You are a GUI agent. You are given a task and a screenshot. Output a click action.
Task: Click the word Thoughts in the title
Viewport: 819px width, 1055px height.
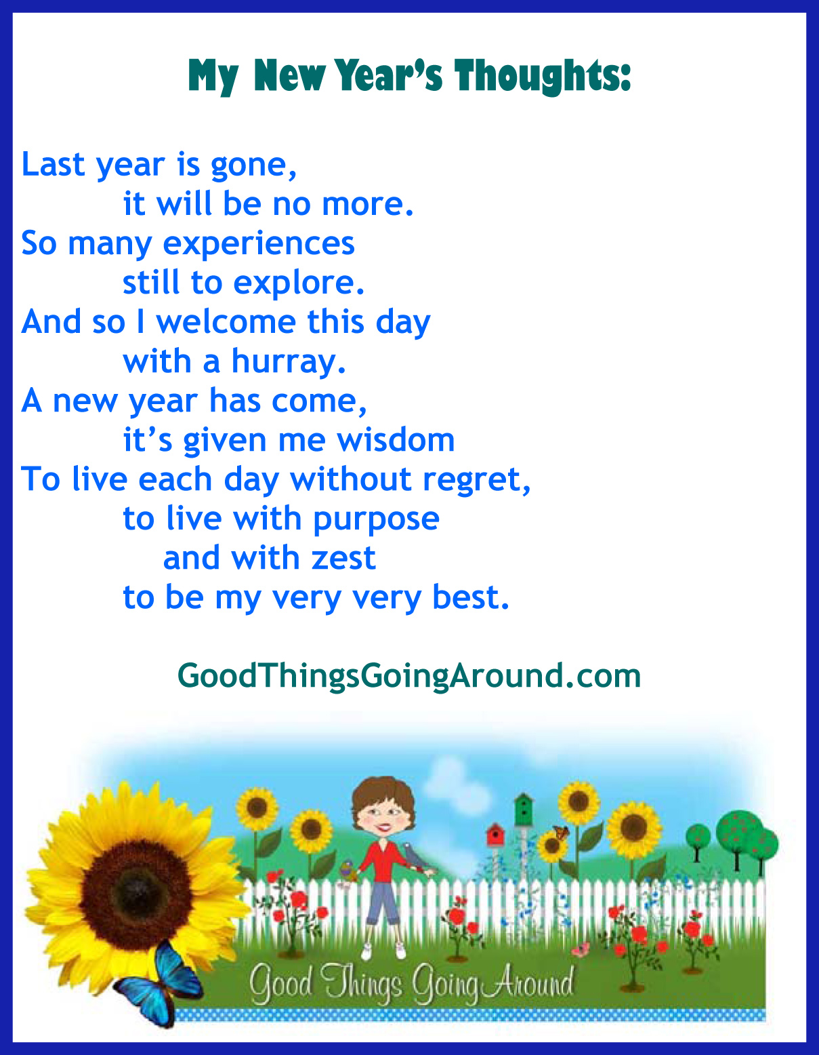pos(543,77)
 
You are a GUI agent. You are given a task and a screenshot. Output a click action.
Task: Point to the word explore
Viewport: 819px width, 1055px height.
pos(299,282)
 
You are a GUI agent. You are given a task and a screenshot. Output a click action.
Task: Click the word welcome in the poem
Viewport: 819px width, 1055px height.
pos(226,321)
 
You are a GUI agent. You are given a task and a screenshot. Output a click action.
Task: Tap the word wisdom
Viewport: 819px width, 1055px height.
pos(396,440)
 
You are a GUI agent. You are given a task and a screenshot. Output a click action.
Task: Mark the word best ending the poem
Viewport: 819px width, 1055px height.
pos(471,597)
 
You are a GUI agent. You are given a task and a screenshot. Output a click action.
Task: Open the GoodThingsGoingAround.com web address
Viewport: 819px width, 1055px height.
pos(409,676)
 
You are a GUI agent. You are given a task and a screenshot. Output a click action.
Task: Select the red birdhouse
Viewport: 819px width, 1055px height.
pos(495,835)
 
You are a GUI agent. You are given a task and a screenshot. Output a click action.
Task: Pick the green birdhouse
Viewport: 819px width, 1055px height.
pos(523,810)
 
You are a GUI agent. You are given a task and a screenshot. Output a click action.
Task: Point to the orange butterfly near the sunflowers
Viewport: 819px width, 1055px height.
pos(561,833)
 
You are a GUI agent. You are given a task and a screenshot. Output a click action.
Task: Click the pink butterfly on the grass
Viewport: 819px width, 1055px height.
pos(581,949)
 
